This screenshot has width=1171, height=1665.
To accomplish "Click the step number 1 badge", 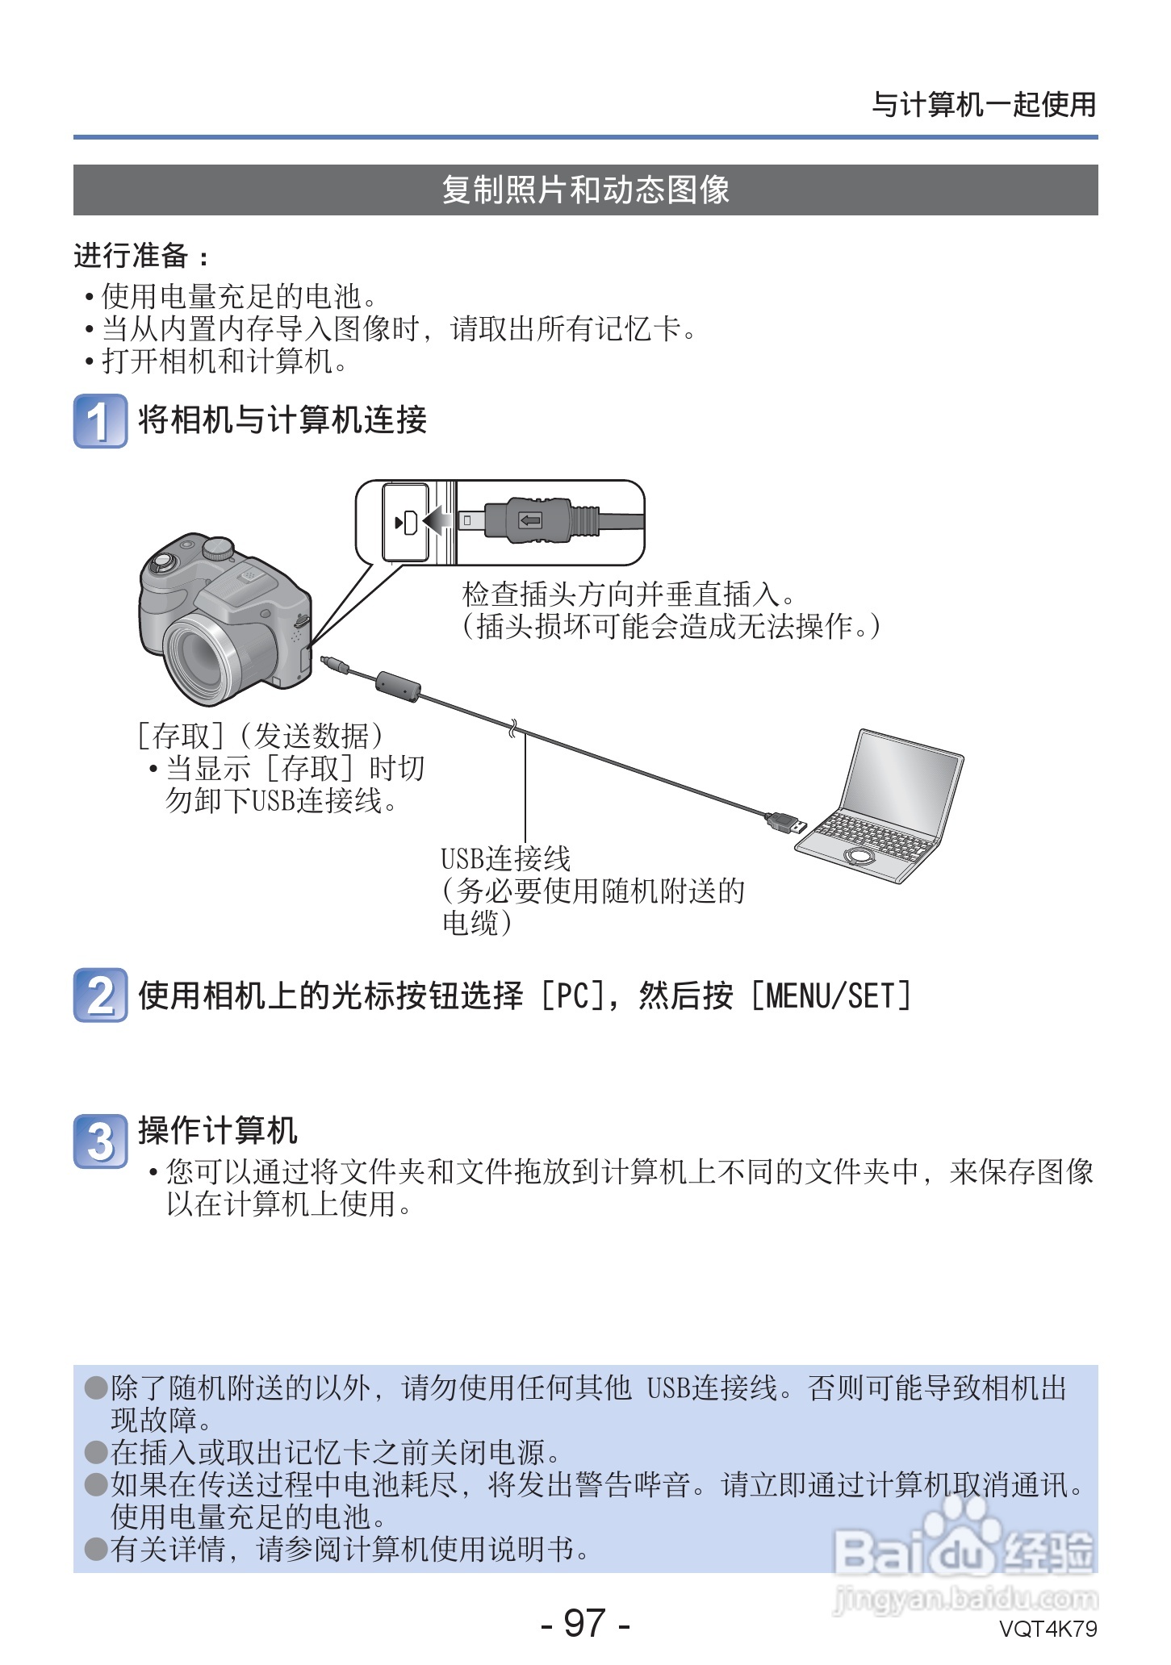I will [x=100, y=420].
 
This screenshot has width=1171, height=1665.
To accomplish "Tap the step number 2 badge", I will [x=100, y=995].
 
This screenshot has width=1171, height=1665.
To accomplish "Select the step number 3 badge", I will [x=100, y=1141].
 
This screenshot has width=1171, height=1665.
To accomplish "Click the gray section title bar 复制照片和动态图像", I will [x=585, y=190].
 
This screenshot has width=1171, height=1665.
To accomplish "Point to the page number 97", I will [x=585, y=1623].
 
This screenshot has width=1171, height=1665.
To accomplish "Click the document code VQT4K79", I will [x=1048, y=1629].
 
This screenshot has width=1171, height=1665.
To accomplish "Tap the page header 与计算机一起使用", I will [x=984, y=105].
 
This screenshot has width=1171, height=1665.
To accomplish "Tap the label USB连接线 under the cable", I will [x=506, y=858].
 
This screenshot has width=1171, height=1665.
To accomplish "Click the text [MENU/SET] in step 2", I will [x=830, y=995].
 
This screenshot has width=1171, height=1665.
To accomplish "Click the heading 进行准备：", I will [x=141, y=256].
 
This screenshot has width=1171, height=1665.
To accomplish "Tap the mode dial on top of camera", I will [x=217, y=549].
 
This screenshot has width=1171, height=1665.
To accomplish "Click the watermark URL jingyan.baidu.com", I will [x=965, y=1597].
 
